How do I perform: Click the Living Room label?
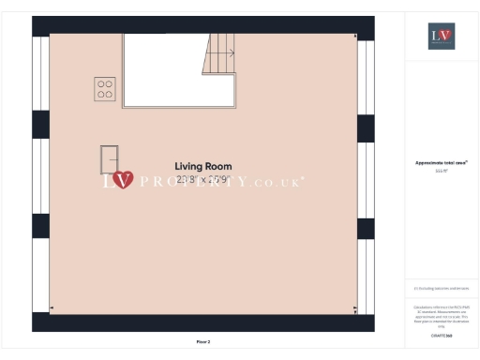(202, 166)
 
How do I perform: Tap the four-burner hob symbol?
(105, 89)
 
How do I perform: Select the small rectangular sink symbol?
(110, 158)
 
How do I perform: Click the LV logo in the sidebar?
(441, 37)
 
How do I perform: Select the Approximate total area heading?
(441, 162)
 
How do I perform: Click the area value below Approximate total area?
(441, 172)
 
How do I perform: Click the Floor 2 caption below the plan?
(202, 342)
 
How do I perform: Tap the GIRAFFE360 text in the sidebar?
(441, 334)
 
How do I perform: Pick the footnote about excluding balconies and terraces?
(441, 289)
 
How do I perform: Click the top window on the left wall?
(40, 76)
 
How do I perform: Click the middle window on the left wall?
(40, 176)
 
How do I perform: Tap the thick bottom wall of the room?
(202, 322)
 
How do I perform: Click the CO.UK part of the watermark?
(281, 180)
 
